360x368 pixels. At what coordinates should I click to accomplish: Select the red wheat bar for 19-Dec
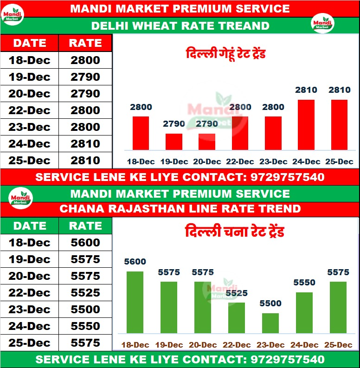(x=174, y=142)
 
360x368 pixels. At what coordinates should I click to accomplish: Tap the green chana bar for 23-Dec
(x=270, y=323)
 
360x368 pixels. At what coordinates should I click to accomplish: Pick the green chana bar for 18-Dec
(x=135, y=302)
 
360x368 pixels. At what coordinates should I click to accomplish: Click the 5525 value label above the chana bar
(x=236, y=293)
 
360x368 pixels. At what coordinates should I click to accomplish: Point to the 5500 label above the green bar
(x=270, y=303)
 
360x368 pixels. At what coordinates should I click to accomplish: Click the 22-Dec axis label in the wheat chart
(x=240, y=162)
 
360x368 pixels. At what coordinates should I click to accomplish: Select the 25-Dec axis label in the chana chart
(x=338, y=345)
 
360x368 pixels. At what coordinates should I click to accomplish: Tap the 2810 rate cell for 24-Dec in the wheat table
(x=85, y=144)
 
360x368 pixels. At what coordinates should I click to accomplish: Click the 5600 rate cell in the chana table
(x=85, y=243)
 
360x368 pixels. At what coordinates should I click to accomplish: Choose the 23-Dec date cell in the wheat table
(x=29, y=127)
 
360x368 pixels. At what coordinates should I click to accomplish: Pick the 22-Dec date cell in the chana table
(x=29, y=293)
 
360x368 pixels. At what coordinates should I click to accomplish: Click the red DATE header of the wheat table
(x=29, y=43)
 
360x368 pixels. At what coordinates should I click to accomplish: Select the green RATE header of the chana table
(x=85, y=226)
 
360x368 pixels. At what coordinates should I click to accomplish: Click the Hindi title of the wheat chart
(x=225, y=54)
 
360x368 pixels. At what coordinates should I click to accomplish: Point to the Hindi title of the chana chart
(x=234, y=231)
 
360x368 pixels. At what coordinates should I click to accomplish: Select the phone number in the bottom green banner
(x=287, y=360)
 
